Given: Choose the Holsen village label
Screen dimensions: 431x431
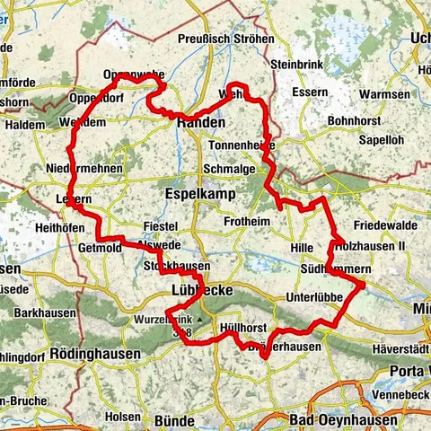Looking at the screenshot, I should point(123,416).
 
